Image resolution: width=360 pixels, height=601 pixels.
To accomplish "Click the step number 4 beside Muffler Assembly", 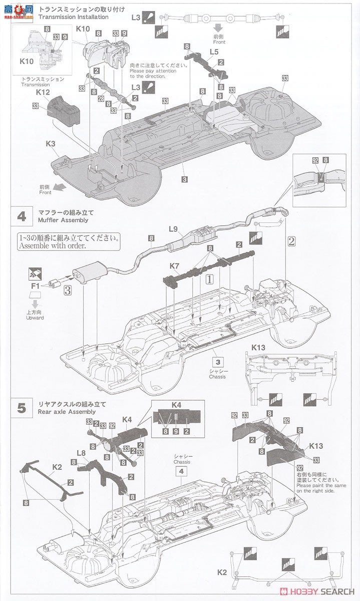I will pyautogui.click(x=22, y=216).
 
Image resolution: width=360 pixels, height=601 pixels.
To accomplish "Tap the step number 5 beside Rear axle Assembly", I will pyautogui.click(x=22, y=408).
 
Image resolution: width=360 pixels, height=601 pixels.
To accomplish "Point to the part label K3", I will pyautogui.click(x=51, y=144).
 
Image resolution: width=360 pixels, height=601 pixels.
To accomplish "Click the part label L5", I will pyautogui.click(x=214, y=52).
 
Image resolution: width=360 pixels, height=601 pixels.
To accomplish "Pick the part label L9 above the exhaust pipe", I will pyautogui.click(x=173, y=229).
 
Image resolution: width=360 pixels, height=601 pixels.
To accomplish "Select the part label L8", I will pyautogui.click(x=82, y=452).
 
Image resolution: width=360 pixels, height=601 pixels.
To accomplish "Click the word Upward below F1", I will pyautogui.click(x=35, y=318).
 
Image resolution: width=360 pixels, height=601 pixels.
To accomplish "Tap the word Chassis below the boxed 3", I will pyautogui.click(x=217, y=376).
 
